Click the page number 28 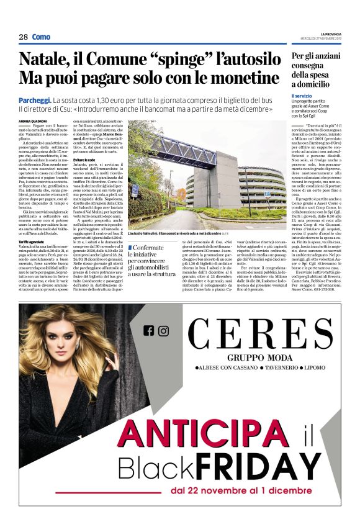(x=23, y=37)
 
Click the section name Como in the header (x=42, y=37)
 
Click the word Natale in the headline (x=43, y=60)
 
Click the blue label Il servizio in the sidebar (x=302, y=96)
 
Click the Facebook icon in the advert (x=148, y=330)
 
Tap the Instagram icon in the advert (x=163, y=330)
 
